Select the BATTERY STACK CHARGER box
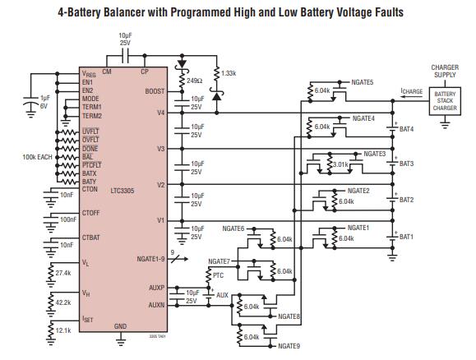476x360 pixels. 444,102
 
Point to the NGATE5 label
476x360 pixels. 363,82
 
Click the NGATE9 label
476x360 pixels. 290,346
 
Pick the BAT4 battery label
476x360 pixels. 406,128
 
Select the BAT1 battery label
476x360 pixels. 406,237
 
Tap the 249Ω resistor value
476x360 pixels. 195,81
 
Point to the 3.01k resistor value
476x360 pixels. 338,164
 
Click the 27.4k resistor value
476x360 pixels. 63,272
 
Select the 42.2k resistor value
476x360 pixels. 63,302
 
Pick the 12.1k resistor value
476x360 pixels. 63,330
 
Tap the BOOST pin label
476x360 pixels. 154,91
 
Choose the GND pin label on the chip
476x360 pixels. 120,326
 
